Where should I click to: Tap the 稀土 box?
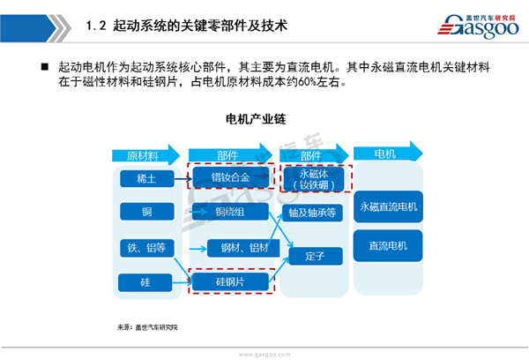(141, 178)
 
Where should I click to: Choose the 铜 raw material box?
(141, 212)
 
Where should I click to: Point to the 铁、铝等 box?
(141, 247)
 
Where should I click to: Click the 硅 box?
(141, 282)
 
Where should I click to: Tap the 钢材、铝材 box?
(236, 248)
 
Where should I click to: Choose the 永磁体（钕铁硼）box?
(314, 178)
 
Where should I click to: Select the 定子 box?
(314, 256)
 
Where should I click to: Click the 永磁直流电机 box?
(389, 206)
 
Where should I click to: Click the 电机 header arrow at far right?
(388, 154)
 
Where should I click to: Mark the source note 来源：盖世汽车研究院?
(147, 328)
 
